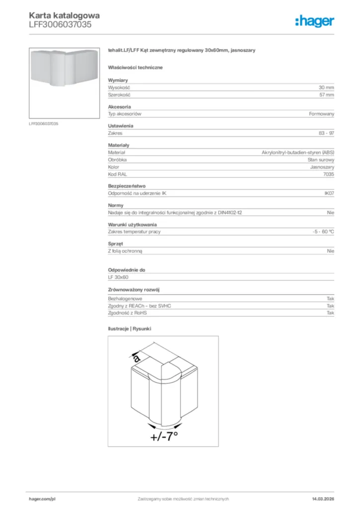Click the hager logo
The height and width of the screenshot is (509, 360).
pos(314,21)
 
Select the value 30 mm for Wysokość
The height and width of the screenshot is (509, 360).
pos(326,87)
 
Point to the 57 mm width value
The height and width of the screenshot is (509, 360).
pos(326,94)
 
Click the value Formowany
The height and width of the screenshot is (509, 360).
pos(321,114)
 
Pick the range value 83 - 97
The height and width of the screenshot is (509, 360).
pos(326,133)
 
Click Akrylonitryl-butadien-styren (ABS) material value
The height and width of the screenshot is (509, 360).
pos(298,153)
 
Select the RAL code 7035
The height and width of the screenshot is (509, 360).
pos(329,174)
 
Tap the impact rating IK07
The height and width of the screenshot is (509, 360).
pos(329,193)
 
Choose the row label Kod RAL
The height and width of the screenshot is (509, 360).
pos(118,174)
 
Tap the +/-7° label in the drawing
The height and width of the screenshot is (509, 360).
pos(164,436)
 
